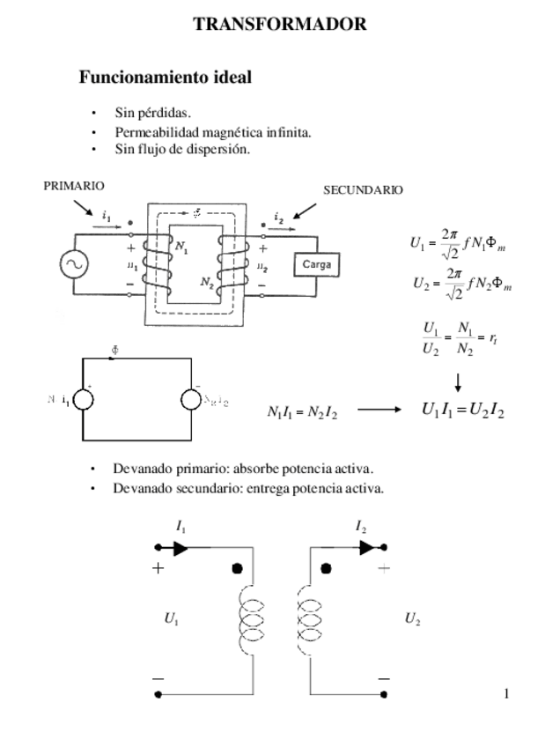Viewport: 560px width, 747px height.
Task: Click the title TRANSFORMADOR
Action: pyautogui.click(x=280, y=25)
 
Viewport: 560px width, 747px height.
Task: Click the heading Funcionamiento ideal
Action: pyautogui.click(x=166, y=78)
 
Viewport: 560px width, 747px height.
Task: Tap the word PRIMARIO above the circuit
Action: pyautogui.click(x=74, y=186)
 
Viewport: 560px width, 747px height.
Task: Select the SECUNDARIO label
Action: pyautogui.click(x=363, y=190)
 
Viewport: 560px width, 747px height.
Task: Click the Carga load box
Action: pyautogui.click(x=315, y=264)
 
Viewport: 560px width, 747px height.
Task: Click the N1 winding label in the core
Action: pyautogui.click(x=181, y=247)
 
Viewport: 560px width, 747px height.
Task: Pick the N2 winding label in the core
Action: pyautogui.click(x=207, y=282)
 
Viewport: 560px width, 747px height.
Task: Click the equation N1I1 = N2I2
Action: pyautogui.click(x=302, y=411)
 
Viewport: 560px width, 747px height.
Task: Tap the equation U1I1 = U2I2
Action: pyautogui.click(x=462, y=410)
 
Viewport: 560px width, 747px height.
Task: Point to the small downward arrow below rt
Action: pyautogui.click(x=458, y=381)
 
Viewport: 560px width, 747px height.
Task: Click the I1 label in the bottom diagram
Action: pyautogui.click(x=181, y=527)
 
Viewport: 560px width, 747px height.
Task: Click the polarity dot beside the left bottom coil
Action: pyautogui.click(x=237, y=568)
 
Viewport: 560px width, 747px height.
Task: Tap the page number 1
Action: pyautogui.click(x=506, y=693)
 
